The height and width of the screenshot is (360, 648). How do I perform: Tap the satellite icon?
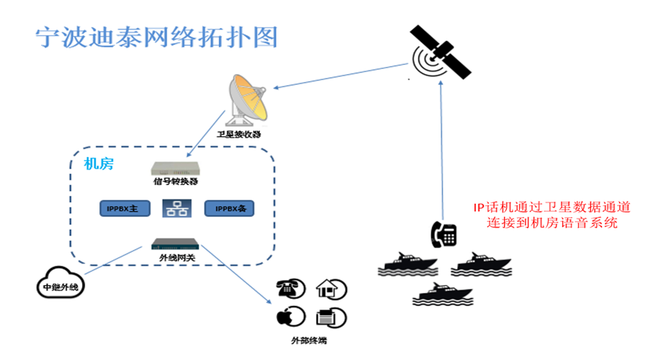pyautogui.click(x=438, y=52)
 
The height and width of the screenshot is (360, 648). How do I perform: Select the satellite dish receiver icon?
pyautogui.click(x=246, y=100)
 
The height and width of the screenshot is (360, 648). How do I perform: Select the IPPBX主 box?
pyautogui.click(x=123, y=209)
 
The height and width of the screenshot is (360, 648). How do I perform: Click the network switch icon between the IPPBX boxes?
pyautogui.click(x=176, y=209)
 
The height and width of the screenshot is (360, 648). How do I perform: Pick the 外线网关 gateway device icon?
pyautogui.click(x=176, y=244)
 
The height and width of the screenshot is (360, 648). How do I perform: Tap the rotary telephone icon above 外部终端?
pyautogui.click(x=289, y=289)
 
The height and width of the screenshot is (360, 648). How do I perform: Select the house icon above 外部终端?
pyautogui.click(x=330, y=289)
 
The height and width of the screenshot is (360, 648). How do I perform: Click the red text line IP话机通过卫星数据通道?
pyautogui.click(x=552, y=207)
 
